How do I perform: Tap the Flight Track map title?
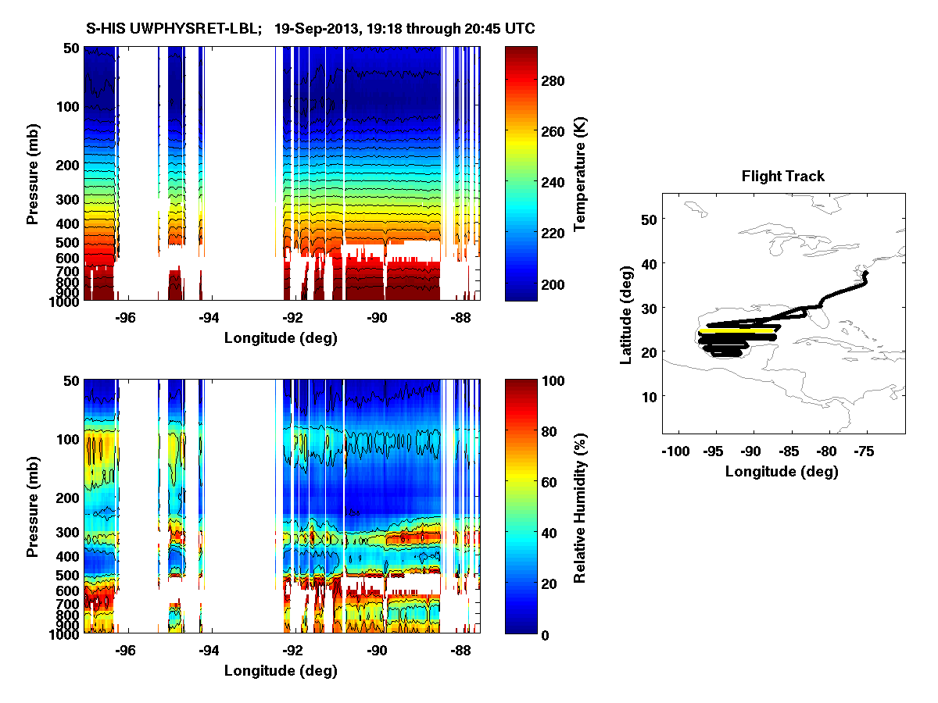pos(782,177)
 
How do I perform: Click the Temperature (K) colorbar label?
pos(579,174)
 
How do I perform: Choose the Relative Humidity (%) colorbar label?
pos(579,506)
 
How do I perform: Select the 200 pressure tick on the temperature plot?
pos(69,165)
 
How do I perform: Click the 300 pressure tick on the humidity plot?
pos(69,532)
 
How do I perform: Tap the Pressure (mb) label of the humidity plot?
pos(33,506)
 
